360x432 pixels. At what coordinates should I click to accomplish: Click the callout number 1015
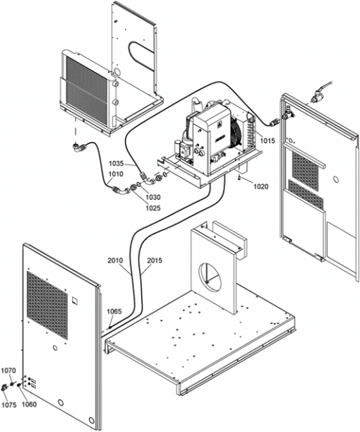pyautogui.click(x=268, y=140)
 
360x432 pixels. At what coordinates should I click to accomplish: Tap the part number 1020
pyautogui.click(x=260, y=187)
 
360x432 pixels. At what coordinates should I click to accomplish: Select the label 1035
pyautogui.click(x=116, y=163)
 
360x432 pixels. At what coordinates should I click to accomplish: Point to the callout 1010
pyautogui.click(x=116, y=174)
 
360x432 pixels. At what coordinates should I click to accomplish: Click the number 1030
pyautogui.click(x=153, y=197)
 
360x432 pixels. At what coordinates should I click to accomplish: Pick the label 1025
pyautogui.click(x=153, y=208)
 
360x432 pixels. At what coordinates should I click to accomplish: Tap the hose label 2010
pyautogui.click(x=115, y=260)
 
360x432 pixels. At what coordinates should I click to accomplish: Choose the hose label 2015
pyautogui.click(x=155, y=260)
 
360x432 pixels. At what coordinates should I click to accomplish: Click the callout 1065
pyautogui.click(x=114, y=311)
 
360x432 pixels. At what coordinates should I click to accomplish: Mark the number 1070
pyautogui.click(x=8, y=371)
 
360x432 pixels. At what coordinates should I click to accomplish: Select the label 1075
pyautogui.click(x=8, y=404)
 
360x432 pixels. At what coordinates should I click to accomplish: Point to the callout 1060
pyautogui.click(x=29, y=404)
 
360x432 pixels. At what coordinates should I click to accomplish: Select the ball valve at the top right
pyautogui.click(x=319, y=95)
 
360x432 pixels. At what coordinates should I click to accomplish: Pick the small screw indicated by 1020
pyautogui.click(x=240, y=179)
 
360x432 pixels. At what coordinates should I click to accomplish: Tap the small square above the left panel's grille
pyautogui.click(x=75, y=300)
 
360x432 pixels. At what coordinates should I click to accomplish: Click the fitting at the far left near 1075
pyautogui.click(x=5, y=388)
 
